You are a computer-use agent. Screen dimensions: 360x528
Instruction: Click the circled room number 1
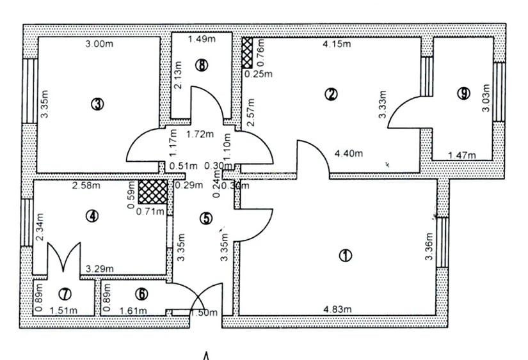tap(345, 255)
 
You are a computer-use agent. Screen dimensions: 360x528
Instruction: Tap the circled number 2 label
tap(331, 95)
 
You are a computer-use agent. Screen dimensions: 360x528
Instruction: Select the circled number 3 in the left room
tap(97, 104)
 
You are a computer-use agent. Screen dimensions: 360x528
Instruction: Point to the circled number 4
tap(93, 216)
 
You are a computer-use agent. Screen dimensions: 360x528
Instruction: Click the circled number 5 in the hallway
tap(205, 218)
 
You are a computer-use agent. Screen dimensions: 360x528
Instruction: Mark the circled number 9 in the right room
tap(463, 93)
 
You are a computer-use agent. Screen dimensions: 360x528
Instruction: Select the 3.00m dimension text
tap(100, 44)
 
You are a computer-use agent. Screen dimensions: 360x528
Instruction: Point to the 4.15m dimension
tap(337, 45)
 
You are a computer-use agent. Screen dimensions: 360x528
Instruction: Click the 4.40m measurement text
tap(349, 153)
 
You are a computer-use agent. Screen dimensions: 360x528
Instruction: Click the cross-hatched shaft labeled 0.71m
tap(153, 191)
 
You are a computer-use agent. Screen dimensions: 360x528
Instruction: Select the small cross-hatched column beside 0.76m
tap(246, 52)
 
